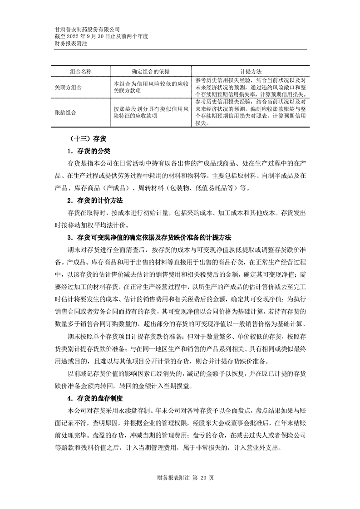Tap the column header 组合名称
click(81, 72)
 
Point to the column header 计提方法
click(250, 72)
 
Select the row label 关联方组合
click(68, 87)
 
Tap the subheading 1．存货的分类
click(89, 151)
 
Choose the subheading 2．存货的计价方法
click(95, 200)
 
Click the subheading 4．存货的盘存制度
click(95, 399)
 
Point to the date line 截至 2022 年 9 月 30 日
click(101, 36)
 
